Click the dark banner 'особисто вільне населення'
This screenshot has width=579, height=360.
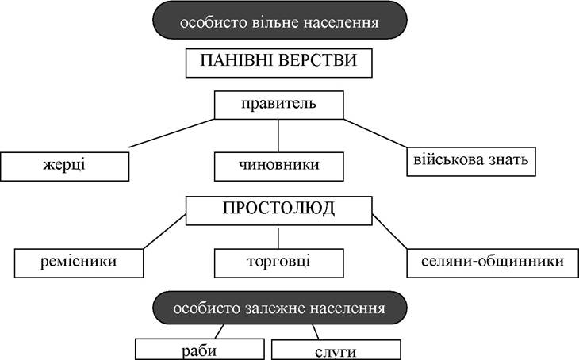click(x=279, y=21)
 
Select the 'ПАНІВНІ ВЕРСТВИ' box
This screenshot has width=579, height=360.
click(x=278, y=63)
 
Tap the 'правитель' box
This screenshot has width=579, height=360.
click(x=278, y=105)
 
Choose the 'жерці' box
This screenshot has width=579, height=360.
click(x=64, y=167)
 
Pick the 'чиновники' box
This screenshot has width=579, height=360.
click(x=278, y=167)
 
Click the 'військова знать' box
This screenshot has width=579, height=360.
click(x=471, y=162)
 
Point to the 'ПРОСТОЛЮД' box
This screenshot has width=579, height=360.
click(x=278, y=211)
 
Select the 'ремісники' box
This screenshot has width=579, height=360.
click(x=79, y=263)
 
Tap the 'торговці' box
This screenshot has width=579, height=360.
click(x=278, y=263)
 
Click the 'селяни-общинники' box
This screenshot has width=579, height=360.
click(x=493, y=263)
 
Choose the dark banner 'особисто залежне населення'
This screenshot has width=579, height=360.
click(x=279, y=308)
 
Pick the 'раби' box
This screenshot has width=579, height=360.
click(x=199, y=349)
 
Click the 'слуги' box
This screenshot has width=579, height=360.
click(x=336, y=350)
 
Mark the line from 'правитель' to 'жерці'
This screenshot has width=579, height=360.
click(x=171, y=133)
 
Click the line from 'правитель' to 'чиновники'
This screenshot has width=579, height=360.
click(x=278, y=136)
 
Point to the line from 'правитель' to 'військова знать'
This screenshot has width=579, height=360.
click(x=375, y=133)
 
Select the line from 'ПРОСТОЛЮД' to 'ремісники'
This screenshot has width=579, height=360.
click(x=164, y=232)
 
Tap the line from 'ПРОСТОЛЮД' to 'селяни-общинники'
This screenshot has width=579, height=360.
click(x=389, y=232)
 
